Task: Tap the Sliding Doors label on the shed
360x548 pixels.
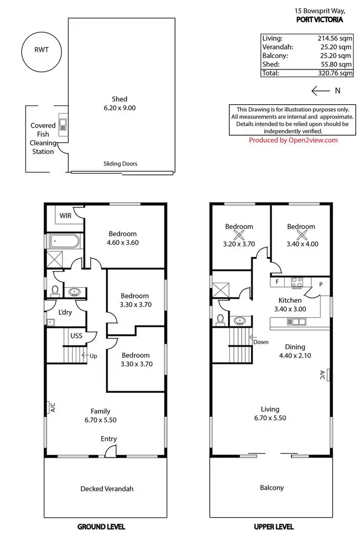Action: tap(120, 164)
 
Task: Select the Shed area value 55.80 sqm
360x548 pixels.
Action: tap(335, 64)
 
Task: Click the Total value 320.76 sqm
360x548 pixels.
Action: tap(335, 73)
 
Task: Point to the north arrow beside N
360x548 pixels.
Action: tap(320, 90)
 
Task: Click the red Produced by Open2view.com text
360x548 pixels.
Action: tap(293, 140)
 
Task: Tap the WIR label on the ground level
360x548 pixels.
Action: tap(66, 215)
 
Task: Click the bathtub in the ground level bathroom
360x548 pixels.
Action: tap(64, 240)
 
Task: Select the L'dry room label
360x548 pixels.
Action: tap(65, 312)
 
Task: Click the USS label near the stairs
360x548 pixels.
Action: tap(76, 336)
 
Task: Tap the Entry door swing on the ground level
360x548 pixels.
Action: tap(110, 451)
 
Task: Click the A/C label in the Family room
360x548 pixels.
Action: tap(53, 407)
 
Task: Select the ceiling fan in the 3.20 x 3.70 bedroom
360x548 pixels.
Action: tap(239, 235)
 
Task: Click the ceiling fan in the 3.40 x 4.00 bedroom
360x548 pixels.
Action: tap(301, 235)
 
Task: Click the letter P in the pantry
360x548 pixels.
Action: tap(321, 284)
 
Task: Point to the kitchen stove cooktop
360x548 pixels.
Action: tap(296, 282)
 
